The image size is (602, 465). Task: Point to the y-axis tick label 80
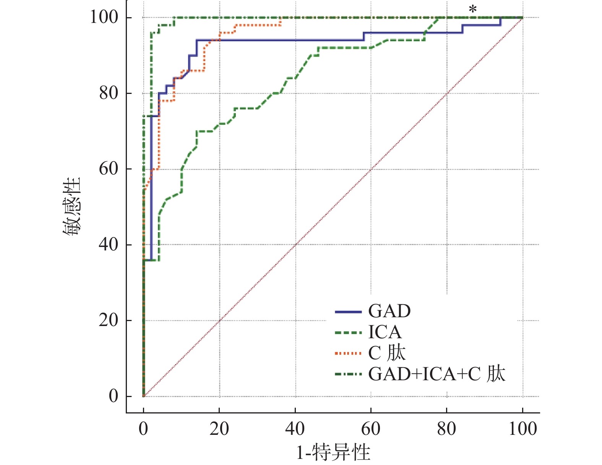[x=109, y=93]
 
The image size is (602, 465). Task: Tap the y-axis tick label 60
[x=109, y=168]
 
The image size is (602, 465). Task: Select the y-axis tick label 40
[x=109, y=244]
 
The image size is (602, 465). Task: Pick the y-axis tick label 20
[x=109, y=320]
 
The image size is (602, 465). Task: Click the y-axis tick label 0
[x=114, y=396]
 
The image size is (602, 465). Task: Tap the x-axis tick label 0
[x=143, y=429]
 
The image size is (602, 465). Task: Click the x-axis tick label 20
[x=219, y=429]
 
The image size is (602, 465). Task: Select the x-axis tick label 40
[x=295, y=429]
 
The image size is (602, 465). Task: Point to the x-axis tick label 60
[x=371, y=429]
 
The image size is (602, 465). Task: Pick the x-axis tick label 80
[x=446, y=429]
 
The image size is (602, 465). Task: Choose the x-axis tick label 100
[x=522, y=429]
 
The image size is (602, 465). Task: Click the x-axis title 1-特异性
[x=333, y=452]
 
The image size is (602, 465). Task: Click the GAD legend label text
[x=389, y=312]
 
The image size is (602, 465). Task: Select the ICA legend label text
[x=385, y=333]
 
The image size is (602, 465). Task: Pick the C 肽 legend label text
[x=387, y=353]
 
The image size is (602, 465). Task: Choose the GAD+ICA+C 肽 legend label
[x=436, y=374]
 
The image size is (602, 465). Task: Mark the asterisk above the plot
[x=473, y=10]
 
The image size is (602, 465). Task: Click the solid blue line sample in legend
[x=348, y=312]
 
